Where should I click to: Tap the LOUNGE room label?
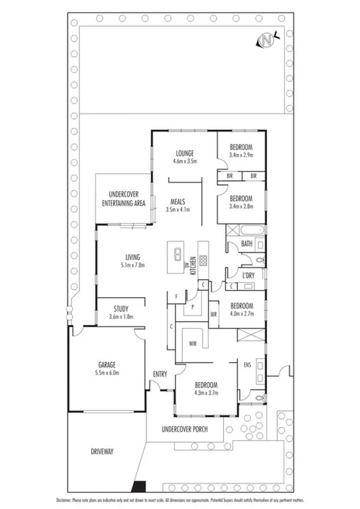pos(184,152)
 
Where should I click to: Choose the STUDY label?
pos(120,309)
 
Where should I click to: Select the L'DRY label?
pos(249,275)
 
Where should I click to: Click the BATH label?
pos(246,244)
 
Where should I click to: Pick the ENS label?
pos(247,364)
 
